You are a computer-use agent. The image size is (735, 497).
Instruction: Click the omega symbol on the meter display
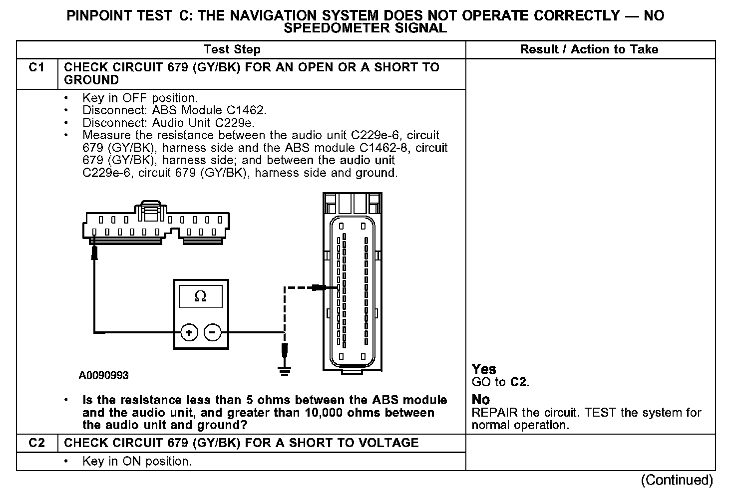200,296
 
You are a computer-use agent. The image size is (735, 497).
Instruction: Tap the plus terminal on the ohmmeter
189,332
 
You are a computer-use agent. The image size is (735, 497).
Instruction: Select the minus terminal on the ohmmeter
213,332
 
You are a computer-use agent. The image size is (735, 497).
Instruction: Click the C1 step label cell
37,68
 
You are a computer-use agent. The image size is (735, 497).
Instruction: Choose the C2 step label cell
37,443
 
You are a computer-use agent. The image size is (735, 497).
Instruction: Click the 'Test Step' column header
232,49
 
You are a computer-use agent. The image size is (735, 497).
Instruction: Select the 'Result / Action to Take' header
589,49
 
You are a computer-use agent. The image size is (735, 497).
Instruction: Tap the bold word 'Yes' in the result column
484,369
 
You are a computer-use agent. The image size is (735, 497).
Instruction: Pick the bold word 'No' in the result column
481,400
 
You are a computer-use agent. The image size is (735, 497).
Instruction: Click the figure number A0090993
103,375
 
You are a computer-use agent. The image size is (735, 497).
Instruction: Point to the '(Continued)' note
677,480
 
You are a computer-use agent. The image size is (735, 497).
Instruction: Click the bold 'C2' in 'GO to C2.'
519,383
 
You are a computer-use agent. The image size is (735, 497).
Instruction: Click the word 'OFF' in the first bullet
135,98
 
